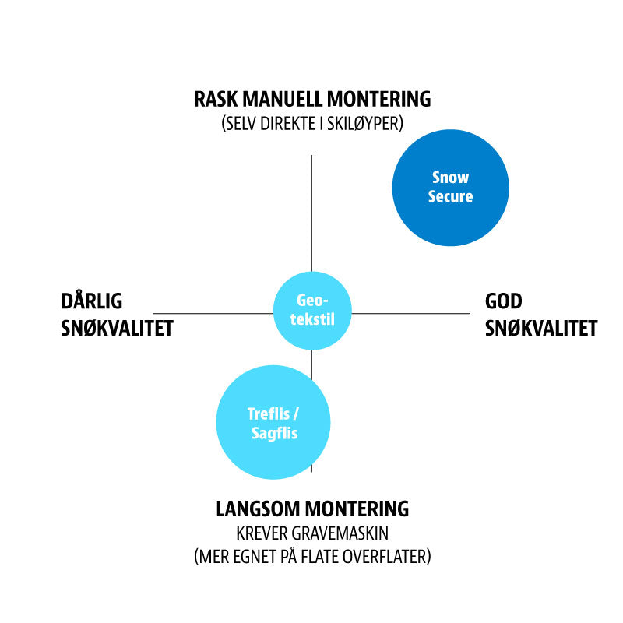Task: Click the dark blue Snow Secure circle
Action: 450,188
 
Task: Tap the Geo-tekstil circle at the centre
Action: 312,311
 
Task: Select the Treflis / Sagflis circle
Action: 273,423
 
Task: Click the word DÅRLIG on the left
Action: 92,301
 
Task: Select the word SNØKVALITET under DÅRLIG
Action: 117,328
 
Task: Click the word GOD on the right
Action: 504,301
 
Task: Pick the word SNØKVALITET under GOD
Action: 541,328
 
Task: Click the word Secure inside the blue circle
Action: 450,197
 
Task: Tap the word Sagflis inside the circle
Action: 274,434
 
